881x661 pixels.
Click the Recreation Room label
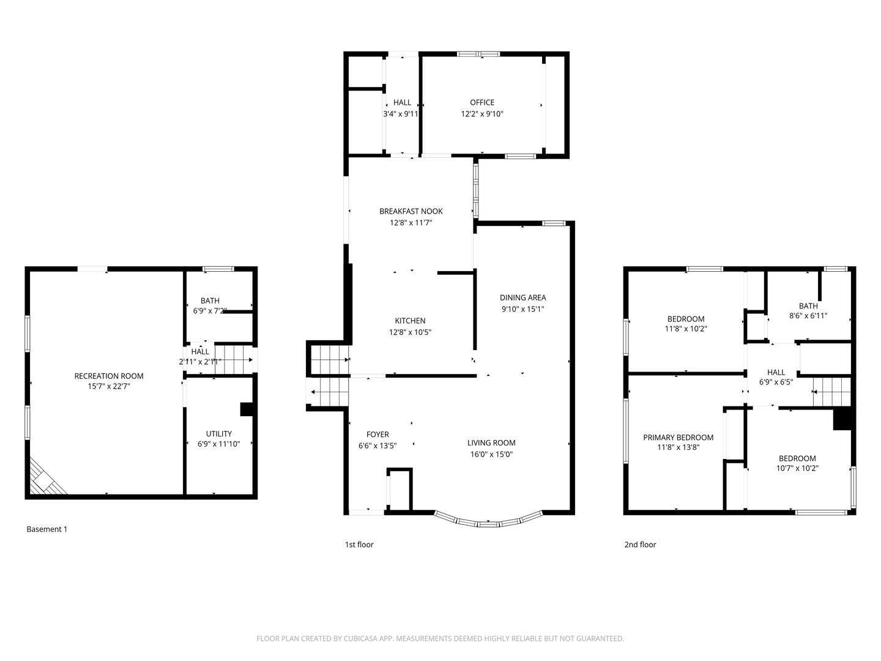(109, 376)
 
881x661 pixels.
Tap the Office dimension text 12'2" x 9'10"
(482, 114)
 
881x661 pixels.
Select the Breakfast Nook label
(411, 211)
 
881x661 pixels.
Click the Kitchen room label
(410, 321)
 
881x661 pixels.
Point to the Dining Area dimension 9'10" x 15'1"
(522, 309)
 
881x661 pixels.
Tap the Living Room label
(491, 443)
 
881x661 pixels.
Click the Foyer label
(377, 435)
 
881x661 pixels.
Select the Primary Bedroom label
(678, 437)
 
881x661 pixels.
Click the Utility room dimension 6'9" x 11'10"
(218, 444)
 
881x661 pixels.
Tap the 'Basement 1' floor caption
(47, 529)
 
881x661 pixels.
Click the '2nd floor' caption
(640, 545)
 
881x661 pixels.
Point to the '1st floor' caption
(359, 545)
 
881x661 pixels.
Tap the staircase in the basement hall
(234, 359)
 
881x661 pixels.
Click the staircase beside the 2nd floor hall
(831, 392)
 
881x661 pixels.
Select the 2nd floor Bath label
(808, 306)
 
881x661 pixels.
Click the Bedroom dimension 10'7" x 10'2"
(797, 469)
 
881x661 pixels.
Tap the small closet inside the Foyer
(400, 490)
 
